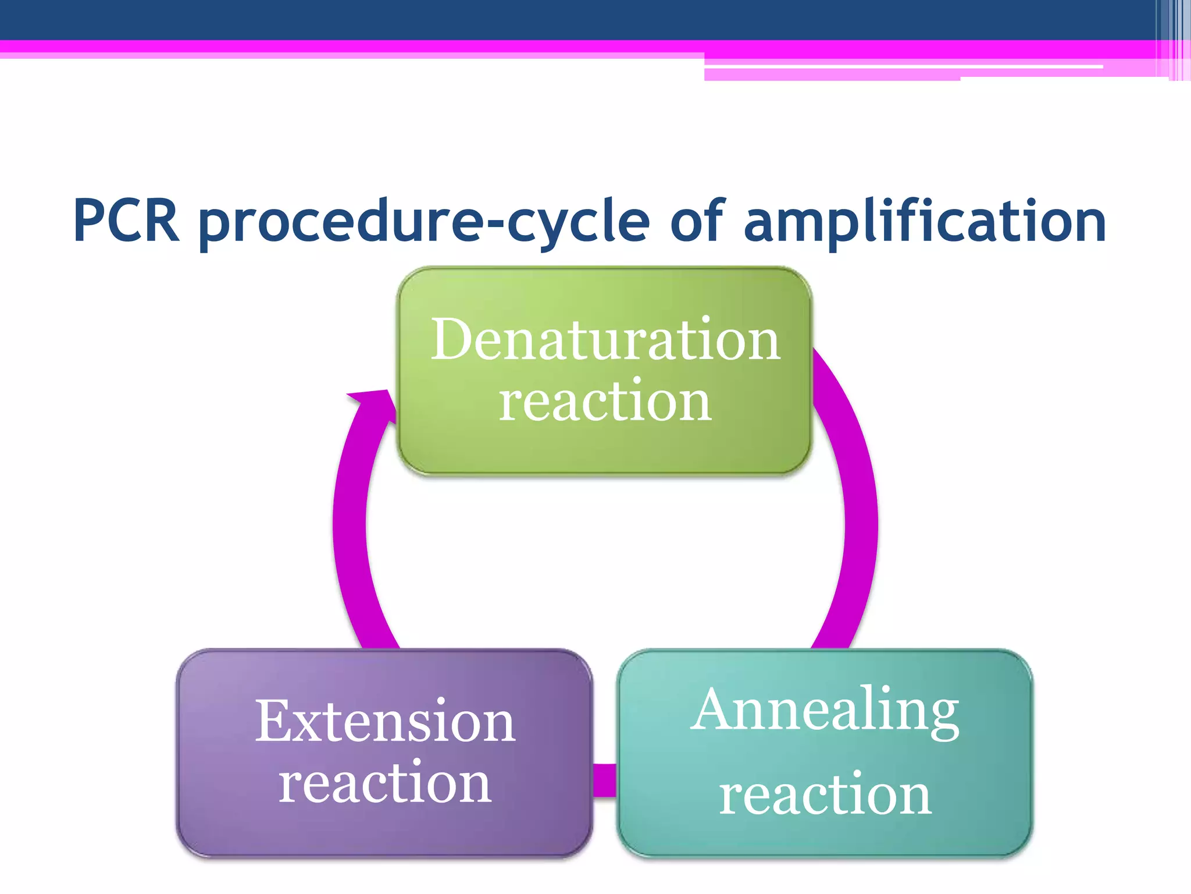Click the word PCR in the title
pos(126,221)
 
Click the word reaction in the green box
pos(605,402)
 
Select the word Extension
pos(385,722)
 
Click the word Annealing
pos(825,711)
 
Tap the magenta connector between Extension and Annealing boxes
pos(605,780)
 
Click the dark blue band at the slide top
pos(523,19)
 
